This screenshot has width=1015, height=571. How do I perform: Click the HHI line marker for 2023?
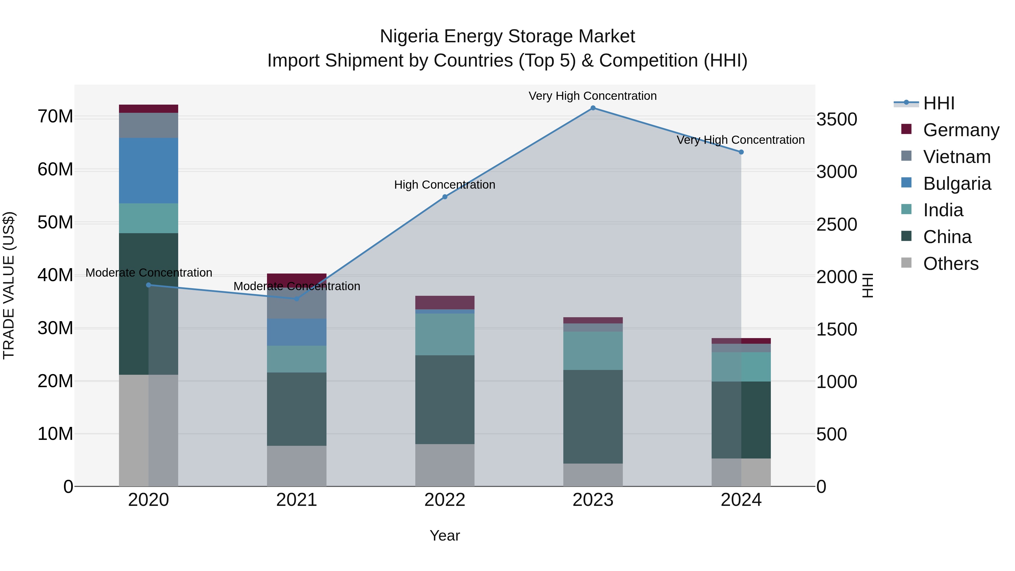pyautogui.click(x=593, y=108)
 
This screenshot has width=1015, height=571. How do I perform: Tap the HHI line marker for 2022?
pyautogui.click(x=445, y=197)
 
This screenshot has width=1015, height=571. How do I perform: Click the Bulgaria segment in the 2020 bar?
pyautogui.click(x=149, y=171)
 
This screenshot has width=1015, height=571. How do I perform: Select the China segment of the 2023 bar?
pyautogui.click(x=593, y=416)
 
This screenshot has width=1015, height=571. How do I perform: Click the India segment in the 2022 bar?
pyautogui.click(x=445, y=334)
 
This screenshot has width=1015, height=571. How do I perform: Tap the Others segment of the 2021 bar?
pyautogui.click(x=297, y=466)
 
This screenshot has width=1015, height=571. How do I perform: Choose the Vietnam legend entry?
pyautogui.click(x=957, y=157)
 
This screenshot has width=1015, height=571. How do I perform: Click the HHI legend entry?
pyautogui.click(x=939, y=103)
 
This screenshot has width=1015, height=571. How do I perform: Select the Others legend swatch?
pyautogui.click(x=906, y=263)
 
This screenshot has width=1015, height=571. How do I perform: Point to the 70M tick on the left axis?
pyautogui.click(x=55, y=117)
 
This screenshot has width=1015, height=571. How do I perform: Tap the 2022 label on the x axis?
pyautogui.click(x=445, y=500)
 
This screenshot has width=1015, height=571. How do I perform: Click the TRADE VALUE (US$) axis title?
pyautogui.click(x=9, y=285)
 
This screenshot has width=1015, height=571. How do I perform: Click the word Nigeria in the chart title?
pyautogui.click(x=409, y=36)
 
